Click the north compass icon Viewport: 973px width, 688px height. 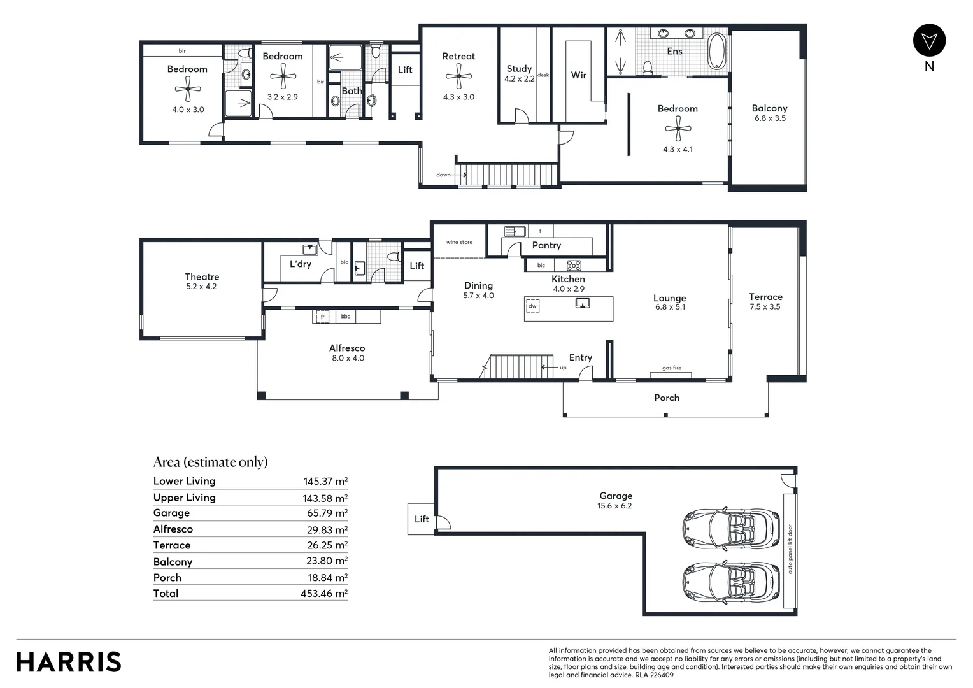(x=929, y=41)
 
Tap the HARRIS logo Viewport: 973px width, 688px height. (x=69, y=662)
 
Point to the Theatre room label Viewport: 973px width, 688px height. (x=202, y=277)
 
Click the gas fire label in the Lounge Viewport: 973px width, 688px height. (x=672, y=368)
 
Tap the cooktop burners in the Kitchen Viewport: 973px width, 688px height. (x=574, y=266)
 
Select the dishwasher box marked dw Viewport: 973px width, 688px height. (x=532, y=306)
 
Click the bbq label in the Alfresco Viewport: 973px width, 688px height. (x=346, y=317)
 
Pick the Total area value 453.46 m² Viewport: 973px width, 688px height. (x=323, y=594)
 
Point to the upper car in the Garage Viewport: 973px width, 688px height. (x=730, y=529)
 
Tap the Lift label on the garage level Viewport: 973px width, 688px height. (x=422, y=519)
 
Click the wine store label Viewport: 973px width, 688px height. (x=459, y=243)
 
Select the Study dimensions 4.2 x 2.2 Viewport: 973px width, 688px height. (x=519, y=79)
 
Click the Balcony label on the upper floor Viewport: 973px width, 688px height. (x=769, y=109)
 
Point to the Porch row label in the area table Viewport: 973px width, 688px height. (x=167, y=578)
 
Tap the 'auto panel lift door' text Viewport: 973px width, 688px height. (x=790, y=549)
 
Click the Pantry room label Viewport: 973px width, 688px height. (x=546, y=245)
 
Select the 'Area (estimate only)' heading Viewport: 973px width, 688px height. (x=210, y=462)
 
